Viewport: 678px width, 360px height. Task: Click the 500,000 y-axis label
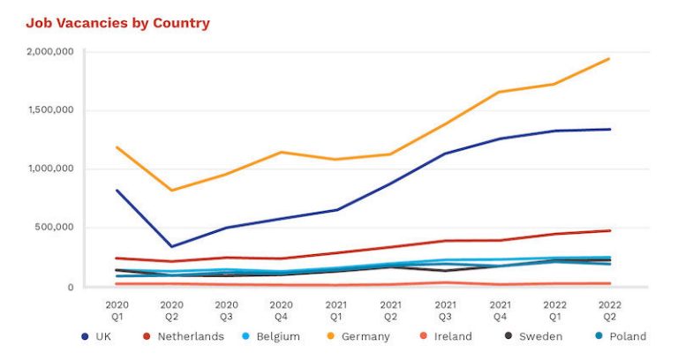click(x=54, y=228)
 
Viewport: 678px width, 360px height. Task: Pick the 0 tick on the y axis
click(x=70, y=287)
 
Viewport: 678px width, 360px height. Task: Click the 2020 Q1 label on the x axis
click(x=117, y=308)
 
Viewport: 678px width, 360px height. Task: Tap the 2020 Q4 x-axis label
click(x=282, y=308)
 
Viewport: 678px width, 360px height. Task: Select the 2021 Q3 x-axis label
click(x=446, y=308)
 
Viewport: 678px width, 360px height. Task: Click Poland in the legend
click(x=617, y=336)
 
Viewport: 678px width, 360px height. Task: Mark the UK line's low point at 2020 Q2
click(x=171, y=247)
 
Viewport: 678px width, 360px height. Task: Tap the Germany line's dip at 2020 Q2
click(x=171, y=191)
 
